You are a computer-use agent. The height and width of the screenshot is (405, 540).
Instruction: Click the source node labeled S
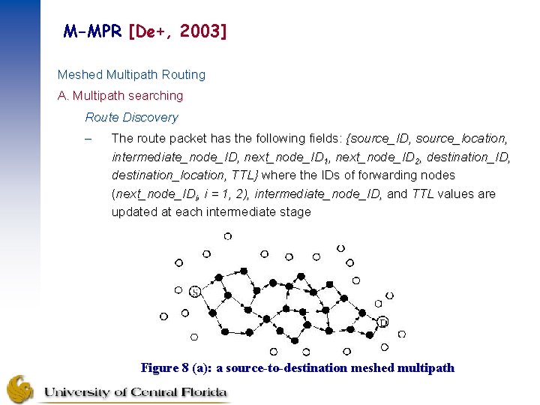pos(194,291)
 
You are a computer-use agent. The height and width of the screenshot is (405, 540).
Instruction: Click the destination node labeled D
pos(382,322)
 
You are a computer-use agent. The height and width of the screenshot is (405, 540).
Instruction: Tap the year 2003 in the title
pos(198,31)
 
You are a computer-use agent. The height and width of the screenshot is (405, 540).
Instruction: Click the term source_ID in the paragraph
pos(379,139)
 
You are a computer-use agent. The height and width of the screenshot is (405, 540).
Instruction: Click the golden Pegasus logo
pos(20,388)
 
